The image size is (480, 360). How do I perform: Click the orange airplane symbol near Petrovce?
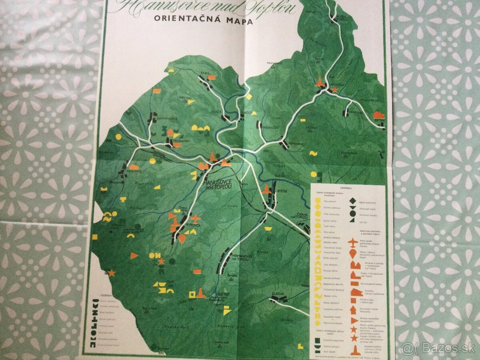click(196, 218)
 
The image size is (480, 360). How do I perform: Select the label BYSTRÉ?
click(281, 191)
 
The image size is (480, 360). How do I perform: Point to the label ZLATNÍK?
click(279, 294)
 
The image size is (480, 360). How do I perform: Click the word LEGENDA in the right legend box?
click(346, 187)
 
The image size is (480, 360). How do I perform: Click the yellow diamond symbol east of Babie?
click(249, 96)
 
